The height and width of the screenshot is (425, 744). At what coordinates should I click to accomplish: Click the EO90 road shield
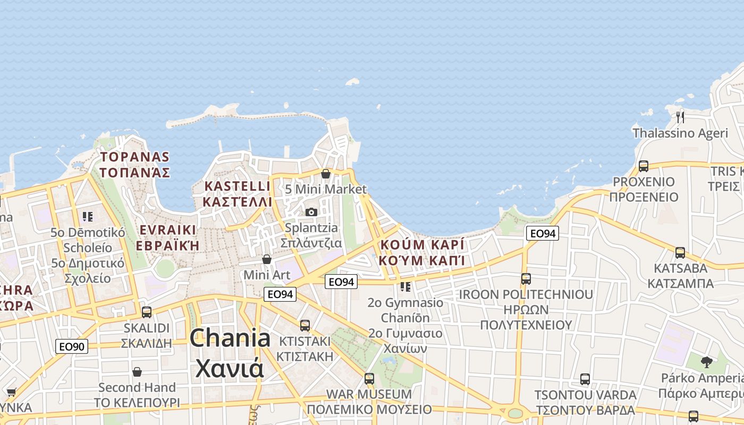click(x=72, y=347)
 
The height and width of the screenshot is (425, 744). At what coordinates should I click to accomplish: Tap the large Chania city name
click(x=230, y=353)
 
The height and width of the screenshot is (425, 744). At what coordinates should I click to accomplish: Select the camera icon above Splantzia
click(x=311, y=212)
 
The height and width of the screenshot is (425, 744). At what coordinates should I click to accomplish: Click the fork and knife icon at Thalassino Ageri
click(x=680, y=117)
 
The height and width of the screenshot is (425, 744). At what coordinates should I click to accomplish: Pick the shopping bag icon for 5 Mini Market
click(x=326, y=174)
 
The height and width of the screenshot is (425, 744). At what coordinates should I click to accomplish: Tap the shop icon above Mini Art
click(x=267, y=259)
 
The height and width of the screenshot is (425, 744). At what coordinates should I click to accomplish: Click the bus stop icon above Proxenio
click(x=644, y=166)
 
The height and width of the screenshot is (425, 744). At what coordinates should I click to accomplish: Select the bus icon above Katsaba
click(x=680, y=253)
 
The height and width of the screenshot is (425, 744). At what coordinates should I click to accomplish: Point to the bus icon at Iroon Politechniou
click(x=526, y=279)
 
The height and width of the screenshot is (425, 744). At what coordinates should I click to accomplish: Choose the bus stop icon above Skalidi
click(x=147, y=312)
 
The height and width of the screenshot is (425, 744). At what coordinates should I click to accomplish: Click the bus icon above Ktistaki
click(x=305, y=326)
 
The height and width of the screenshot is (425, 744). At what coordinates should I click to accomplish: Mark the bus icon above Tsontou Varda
click(x=585, y=379)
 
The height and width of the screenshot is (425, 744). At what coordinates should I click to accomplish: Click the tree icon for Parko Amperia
click(x=706, y=362)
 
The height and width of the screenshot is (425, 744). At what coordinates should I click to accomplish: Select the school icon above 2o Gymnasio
click(x=406, y=287)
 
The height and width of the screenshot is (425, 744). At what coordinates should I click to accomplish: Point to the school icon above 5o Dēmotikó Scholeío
click(x=88, y=217)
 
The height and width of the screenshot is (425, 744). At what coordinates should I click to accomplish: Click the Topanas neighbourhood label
click(x=134, y=165)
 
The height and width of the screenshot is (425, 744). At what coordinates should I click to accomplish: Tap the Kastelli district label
click(x=238, y=194)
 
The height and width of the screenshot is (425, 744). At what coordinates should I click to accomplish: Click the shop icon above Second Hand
click(x=137, y=372)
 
